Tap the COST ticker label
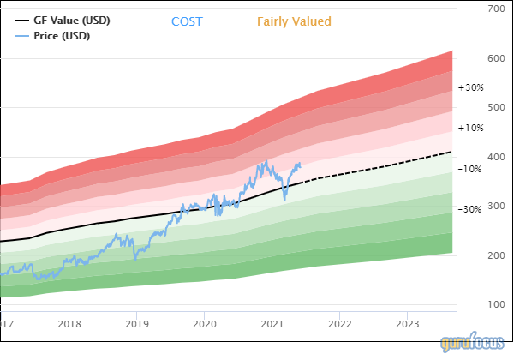pyautogui.click(x=187, y=21)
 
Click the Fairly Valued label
pyautogui.click(x=294, y=21)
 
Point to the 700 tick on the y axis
pyautogui.click(x=494, y=9)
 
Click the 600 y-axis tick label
pyautogui.click(x=494, y=59)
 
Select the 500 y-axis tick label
pyautogui.click(x=494, y=108)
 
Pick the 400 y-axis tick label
pyautogui.click(x=494, y=158)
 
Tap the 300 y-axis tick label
pyautogui.click(x=494, y=207)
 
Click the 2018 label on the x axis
pyautogui.click(x=69, y=324)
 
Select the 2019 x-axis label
pyautogui.click(x=137, y=324)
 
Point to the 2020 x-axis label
pyautogui.click(x=205, y=324)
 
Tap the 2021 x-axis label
pyautogui.click(x=272, y=324)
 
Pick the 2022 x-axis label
pyautogui.click(x=340, y=324)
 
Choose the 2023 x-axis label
pyautogui.click(x=408, y=324)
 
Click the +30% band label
pyautogui.click(x=470, y=87)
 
